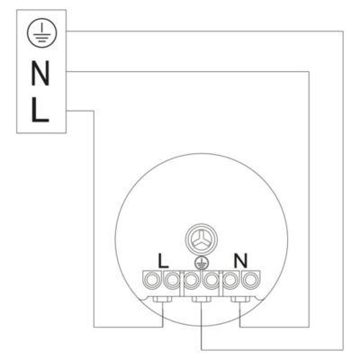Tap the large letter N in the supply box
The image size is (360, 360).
40,73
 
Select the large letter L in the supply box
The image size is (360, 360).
40,110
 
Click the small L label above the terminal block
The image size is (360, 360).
164,261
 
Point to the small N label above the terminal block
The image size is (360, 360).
241,260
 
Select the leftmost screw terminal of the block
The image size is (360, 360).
152,280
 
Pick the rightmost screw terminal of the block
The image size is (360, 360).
249,280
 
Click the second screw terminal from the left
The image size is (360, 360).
172,280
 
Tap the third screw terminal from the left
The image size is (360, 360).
191,280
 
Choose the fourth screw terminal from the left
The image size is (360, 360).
211,280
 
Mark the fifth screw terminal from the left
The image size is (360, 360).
230,280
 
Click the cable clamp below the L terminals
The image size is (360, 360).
162,299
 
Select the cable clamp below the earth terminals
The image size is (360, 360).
202,299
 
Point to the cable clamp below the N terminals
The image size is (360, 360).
240,299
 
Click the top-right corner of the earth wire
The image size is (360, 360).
343,31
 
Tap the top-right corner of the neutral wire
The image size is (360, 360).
309,71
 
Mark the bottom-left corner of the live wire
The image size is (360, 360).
94,327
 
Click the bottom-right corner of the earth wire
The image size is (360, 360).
343,350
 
